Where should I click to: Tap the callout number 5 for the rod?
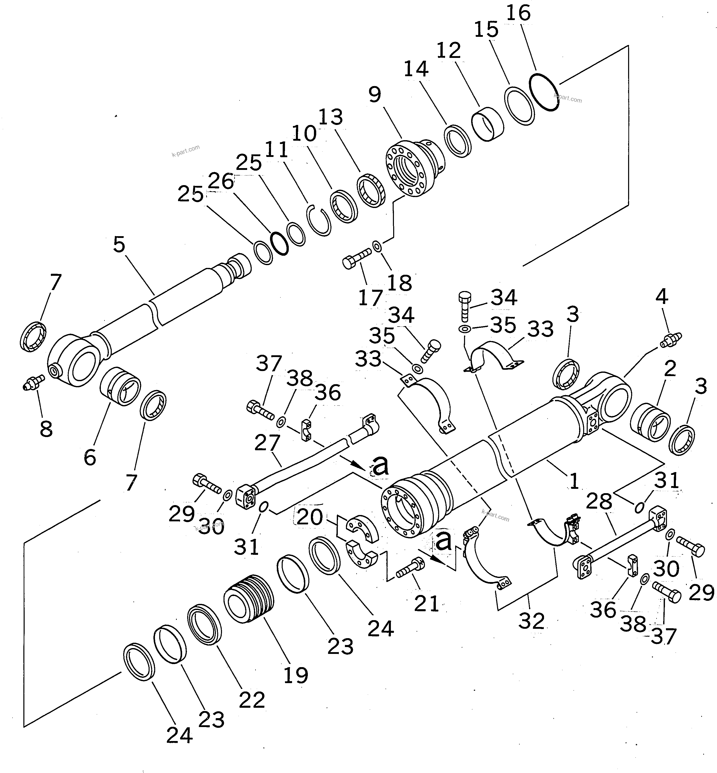pyautogui.click(x=119, y=244)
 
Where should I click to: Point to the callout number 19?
pyautogui.click(x=296, y=675)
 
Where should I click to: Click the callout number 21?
pyautogui.click(x=426, y=604)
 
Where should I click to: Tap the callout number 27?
pyautogui.click(x=267, y=443)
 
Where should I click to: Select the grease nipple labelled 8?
pyautogui.click(x=33, y=382)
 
